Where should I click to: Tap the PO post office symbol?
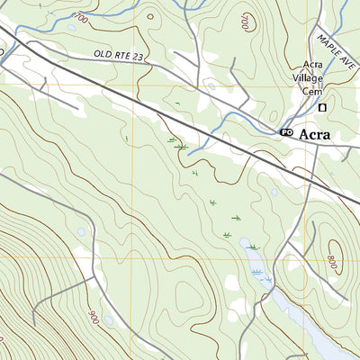287,133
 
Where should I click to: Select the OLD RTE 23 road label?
118,56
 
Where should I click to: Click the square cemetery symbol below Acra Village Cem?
323,108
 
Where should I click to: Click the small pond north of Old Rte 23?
71,27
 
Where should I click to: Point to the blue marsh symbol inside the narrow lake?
259,272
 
